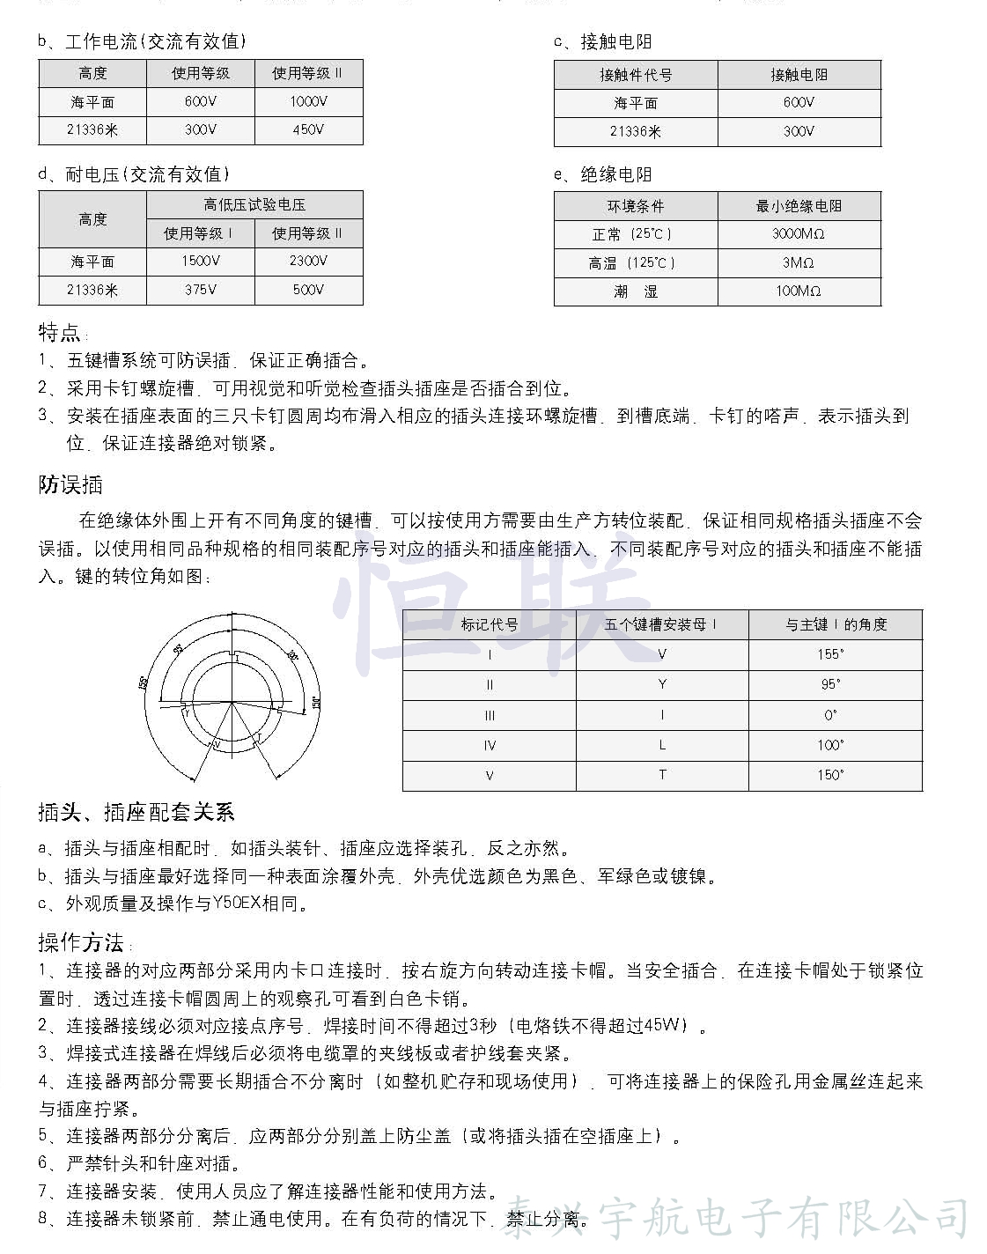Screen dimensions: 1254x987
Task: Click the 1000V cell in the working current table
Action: click(x=308, y=101)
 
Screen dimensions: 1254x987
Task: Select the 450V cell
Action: click(x=308, y=129)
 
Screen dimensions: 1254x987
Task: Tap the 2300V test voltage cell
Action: click(x=308, y=261)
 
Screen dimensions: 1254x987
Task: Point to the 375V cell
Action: click(x=201, y=290)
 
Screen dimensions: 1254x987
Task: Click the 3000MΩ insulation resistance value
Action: click(x=799, y=233)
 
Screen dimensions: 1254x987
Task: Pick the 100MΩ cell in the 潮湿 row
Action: click(x=799, y=291)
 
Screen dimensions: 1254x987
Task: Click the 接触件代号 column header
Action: click(x=636, y=75)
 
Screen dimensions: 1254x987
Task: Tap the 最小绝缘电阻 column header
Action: click(x=799, y=206)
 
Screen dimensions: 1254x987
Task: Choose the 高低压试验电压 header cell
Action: click(x=254, y=205)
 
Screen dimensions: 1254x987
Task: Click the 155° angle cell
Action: click(x=830, y=654)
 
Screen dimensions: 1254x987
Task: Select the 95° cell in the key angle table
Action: click(x=830, y=684)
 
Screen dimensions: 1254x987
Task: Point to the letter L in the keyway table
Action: click(x=662, y=745)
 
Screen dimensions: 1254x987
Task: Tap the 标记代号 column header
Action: click(x=490, y=624)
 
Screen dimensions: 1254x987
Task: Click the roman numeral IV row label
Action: click(x=490, y=745)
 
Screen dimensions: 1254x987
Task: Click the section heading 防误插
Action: click(x=70, y=484)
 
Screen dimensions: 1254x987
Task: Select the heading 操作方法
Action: click(x=81, y=943)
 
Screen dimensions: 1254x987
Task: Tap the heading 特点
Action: click(x=60, y=333)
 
